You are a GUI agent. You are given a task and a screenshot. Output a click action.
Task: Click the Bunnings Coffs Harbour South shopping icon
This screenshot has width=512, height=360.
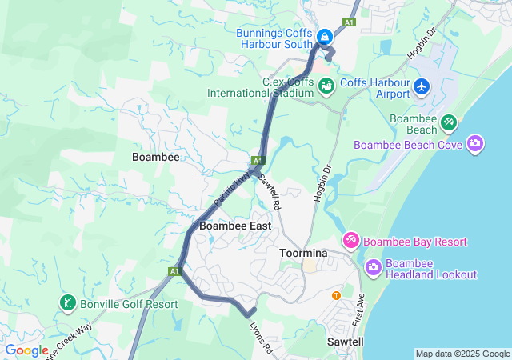(x=325, y=37)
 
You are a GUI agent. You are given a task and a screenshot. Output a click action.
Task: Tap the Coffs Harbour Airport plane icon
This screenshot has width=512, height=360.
(x=422, y=86)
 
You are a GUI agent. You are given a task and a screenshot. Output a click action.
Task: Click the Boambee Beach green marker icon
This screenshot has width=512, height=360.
(x=449, y=122)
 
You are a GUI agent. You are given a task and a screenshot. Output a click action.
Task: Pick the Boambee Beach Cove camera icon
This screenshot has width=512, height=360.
(x=475, y=144)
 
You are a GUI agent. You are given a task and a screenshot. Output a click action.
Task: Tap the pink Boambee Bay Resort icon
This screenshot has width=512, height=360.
(x=351, y=241)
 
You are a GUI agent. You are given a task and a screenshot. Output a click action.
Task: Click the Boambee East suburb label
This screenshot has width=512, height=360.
(x=235, y=226)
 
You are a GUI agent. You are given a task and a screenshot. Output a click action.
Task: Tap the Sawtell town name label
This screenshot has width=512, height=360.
(x=346, y=342)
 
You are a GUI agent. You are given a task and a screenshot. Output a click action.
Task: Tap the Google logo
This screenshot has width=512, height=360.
(x=27, y=350)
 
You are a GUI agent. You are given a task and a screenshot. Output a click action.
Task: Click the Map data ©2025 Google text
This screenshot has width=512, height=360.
(x=462, y=354)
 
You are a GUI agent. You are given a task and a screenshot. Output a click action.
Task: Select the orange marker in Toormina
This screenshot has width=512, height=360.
(x=336, y=295)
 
